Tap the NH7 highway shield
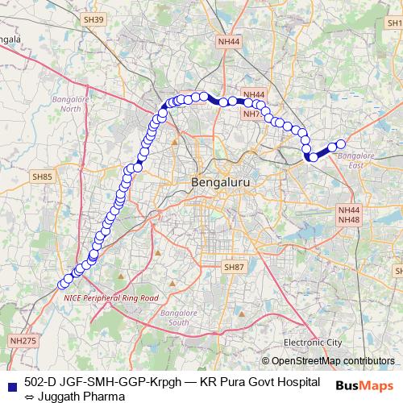pos(252,114)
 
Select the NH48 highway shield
pos(349,220)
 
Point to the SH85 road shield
pos(44,177)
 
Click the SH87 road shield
pos(233,267)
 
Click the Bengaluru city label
pos(221,184)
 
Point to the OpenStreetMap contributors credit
pos(333,360)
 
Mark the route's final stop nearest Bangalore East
pos(340,144)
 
